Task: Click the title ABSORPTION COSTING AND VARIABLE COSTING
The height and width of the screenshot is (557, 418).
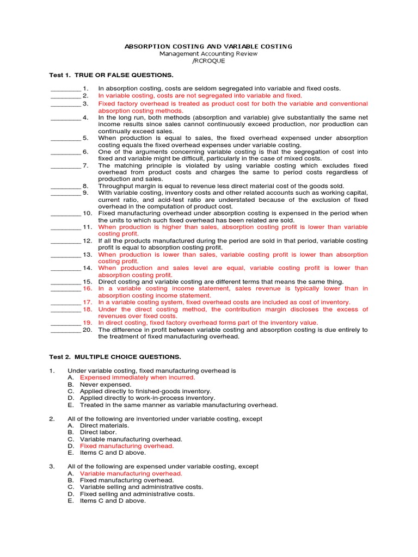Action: click(x=208, y=47)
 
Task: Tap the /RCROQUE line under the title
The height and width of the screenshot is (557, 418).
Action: click(x=208, y=61)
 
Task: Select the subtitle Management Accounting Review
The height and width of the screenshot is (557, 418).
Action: click(x=208, y=54)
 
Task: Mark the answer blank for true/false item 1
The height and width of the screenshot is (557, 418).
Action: click(x=65, y=89)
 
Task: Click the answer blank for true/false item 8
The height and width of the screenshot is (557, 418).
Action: click(x=65, y=186)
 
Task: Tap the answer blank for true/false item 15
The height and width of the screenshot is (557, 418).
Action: click(x=65, y=282)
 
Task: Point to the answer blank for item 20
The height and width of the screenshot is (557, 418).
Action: click(x=65, y=330)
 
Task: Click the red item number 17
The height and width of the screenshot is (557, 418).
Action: click(x=88, y=302)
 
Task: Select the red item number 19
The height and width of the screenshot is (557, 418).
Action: click(x=88, y=323)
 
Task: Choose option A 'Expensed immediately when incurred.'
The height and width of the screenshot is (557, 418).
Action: click(x=137, y=377)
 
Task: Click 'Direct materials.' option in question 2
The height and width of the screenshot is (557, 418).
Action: click(x=104, y=426)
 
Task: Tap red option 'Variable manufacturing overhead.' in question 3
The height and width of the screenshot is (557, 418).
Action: click(x=131, y=474)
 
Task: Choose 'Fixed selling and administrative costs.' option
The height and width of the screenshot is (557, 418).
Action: click(x=137, y=494)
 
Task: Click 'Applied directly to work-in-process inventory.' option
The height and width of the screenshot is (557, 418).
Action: click(x=147, y=398)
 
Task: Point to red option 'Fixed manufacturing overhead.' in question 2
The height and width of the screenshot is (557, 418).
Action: click(x=127, y=446)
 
